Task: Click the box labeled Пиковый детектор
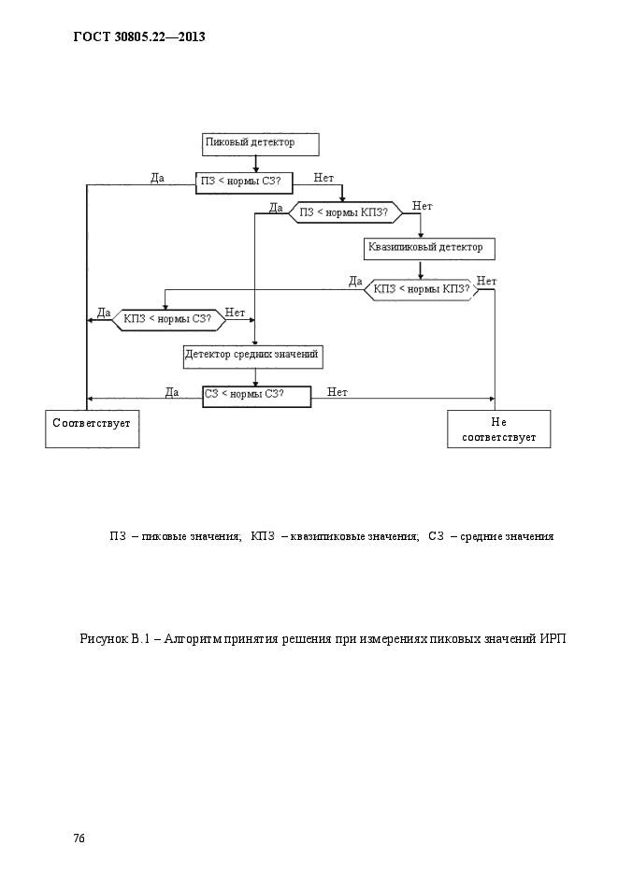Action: coord(260,144)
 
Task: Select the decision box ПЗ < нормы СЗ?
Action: coord(245,182)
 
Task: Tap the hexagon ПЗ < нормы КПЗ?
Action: coord(345,212)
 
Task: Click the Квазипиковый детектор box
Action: coord(429,248)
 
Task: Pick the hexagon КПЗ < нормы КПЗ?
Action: coord(422,289)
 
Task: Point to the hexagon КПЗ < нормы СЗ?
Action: coord(169,320)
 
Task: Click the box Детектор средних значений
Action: coord(253,357)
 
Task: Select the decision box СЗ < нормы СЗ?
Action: coord(256,397)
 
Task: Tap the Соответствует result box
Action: coord(92,430)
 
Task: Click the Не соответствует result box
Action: coord(498,430)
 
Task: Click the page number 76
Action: coord(79,839)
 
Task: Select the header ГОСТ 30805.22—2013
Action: coord(139,36)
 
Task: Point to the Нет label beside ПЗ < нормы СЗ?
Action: coord(323,178)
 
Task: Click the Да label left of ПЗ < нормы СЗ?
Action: coord(157,178)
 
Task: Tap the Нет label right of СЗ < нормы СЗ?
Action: coord(338,392)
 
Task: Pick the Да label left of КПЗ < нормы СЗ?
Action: coord(104,313)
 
